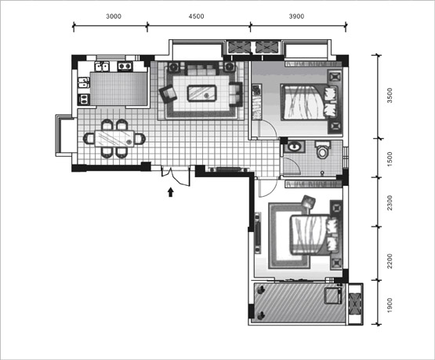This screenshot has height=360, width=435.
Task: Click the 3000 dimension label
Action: (114, 16)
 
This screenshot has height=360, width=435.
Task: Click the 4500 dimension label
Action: (197, 16)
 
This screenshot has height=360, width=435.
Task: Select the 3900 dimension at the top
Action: (296, 16)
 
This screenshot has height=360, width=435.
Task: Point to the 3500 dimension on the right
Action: (390, 96)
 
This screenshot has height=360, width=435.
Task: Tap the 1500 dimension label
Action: (390, 159)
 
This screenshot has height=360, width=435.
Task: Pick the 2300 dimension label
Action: (390, 203)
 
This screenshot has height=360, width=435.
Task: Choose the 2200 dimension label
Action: (390, 261)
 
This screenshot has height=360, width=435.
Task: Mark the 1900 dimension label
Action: (390, 305)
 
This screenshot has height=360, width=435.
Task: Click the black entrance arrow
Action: (171, 192)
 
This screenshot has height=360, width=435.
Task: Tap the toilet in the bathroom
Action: (322, 150)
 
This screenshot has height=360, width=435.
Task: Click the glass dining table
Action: (114, 138)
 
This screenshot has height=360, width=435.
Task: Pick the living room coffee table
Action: (201, 93)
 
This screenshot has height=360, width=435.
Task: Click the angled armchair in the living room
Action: (168, 94)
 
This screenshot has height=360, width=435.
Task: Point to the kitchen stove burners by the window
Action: (125, 66)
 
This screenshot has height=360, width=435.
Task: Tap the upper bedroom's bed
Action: (309, 102)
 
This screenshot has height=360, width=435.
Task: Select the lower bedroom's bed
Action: (314, 235)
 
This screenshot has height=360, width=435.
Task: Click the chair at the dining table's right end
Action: (140, 138)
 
